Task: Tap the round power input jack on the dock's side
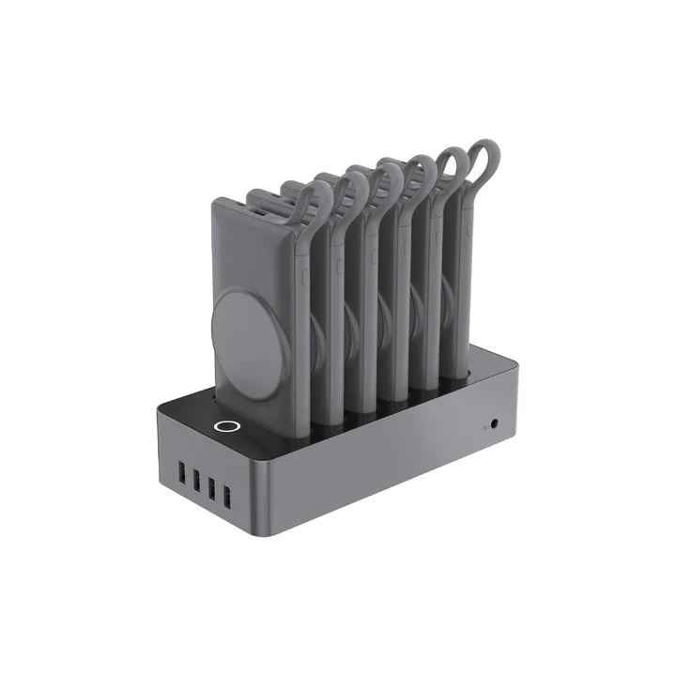click(x=494, y=424)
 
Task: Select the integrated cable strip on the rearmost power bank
click(x=469, y=263)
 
